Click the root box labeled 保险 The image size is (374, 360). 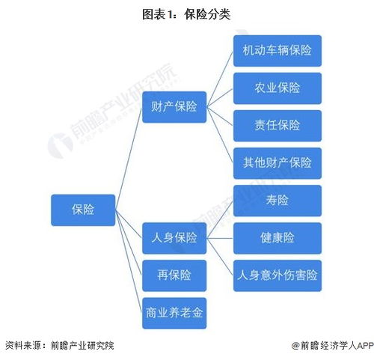[x=83, y=210]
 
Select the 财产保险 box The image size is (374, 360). [x=174, y=106]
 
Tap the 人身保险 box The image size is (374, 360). [x=174, y=238]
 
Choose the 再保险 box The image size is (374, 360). [x=174, y=275]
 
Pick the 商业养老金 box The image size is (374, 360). [x=174, y=312]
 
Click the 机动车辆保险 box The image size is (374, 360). [x=277, y=50]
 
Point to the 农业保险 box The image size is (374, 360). [x=277, y=88]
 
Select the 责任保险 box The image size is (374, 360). [x=277, y=125]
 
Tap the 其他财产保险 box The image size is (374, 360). [x=277, y=162]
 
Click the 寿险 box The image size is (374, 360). [x=277, y=201]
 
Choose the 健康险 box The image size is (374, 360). [x=277, y=238]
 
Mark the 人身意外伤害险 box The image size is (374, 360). [x=277, y=275]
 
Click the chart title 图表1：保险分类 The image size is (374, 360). [x=187, y=13]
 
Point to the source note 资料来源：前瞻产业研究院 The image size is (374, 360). [x=60, y=345]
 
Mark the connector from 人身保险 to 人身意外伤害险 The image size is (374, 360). [x=220, y=257]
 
